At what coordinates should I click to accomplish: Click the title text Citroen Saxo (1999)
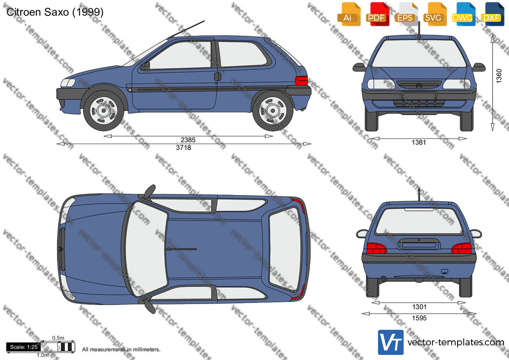pyautogui.click(x=55, y=12)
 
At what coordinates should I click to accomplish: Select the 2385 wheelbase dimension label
pyautogui.click(x=188, y=140)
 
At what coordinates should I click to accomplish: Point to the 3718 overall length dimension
pyautogui.click(x=183, y=148)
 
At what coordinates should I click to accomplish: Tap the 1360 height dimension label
pyautogui.click(x=499, y=76)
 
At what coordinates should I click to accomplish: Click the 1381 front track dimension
pyautogui.click(x=418, y=142)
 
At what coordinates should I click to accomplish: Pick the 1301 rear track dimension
pyautogui.click(x=419, y=307)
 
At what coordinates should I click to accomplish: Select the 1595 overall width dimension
pyautogui.click(x=419, y=318)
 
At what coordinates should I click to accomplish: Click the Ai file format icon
pyautogui.click(x=348, y=14)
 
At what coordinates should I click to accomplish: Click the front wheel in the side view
pyautogui.click(x=103, y=110)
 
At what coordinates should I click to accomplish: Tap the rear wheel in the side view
pyautogui.click(x=273, y=111)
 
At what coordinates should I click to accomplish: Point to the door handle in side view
pyautogui.click(x=218, y=77)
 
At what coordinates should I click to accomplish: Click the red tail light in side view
pyautogui.click(x=301, y=81)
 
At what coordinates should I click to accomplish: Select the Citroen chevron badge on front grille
pyautogui.click(x=419, y=85)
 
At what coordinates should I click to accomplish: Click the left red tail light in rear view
pyautogui.click(x=376, y=248)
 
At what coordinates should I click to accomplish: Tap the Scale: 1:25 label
pyautogui.click(x=24, y=347)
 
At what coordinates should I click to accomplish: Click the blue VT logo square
pyautogui.click(x=391, y=342)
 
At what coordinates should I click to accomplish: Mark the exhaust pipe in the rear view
pyautogui.click(x=384, y=279)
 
